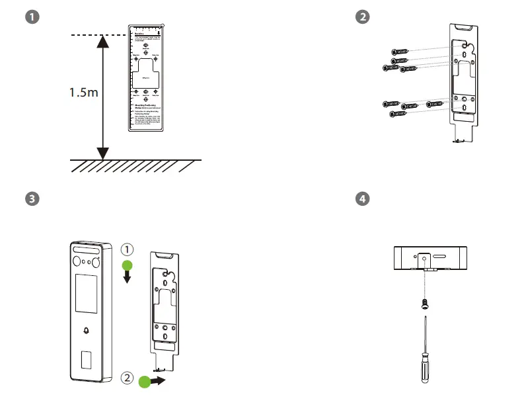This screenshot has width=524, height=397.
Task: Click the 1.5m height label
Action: [x=84, y=93]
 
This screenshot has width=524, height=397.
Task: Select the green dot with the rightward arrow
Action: [x=145, y=381]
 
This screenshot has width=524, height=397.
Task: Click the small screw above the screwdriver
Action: [x=424, y=302]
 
